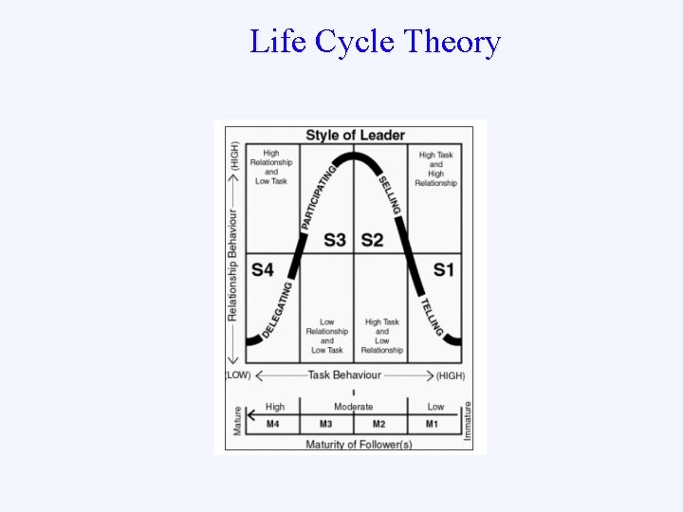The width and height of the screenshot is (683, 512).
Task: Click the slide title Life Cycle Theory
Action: tap(375, 43)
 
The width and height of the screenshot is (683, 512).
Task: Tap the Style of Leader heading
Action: tap(355, 135)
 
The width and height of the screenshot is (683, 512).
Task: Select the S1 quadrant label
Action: tap(444, 270)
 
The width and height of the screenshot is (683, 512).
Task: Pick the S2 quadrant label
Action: tap(372, 240)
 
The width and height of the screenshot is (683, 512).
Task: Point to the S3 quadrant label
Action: tap(334, 240)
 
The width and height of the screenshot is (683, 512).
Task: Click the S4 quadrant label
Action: tap(263, 270)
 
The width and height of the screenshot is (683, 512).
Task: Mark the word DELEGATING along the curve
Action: tap(276, 311)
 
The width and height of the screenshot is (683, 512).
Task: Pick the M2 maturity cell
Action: tap(379, 424)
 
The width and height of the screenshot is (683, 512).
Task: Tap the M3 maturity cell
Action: tap(325, 424)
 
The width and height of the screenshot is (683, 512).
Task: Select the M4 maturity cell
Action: tap(272, 424)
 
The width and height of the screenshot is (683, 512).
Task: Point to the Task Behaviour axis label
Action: tap(344, 375)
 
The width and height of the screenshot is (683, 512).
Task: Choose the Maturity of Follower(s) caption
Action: tap(359, 444)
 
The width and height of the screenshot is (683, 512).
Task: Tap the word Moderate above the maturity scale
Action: tap(353, 407)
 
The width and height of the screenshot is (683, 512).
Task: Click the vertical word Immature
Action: tap(468, 420)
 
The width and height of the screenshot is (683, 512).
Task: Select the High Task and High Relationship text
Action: tap(435, 169)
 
